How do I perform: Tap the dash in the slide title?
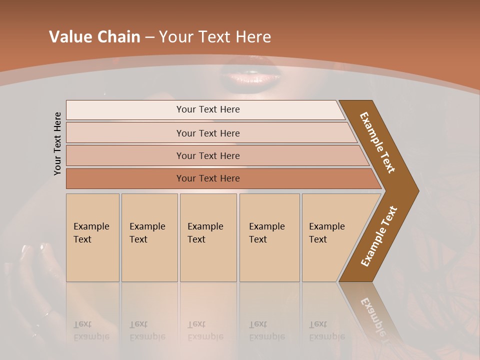tap(149, 37)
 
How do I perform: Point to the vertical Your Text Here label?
tap(57, 143)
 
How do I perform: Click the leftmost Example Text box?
tap(92, 237)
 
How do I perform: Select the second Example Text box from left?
tap(149, 237)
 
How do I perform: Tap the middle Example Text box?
tap(208, 237)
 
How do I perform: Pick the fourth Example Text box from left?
tap(269, 237)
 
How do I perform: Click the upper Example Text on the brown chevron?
tap(378, 142)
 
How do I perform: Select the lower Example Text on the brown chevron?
tap(378, 236)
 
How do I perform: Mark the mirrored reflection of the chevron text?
tap(374, 312)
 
